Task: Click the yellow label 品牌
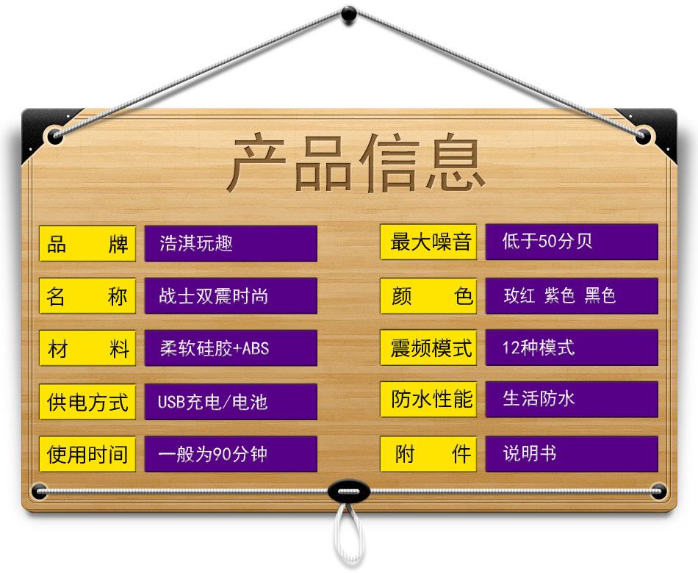87,244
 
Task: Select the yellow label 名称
87,296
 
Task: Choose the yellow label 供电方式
87,402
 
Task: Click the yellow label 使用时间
87,454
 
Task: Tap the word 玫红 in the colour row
519,296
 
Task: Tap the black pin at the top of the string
349,12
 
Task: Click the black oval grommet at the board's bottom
348,490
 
